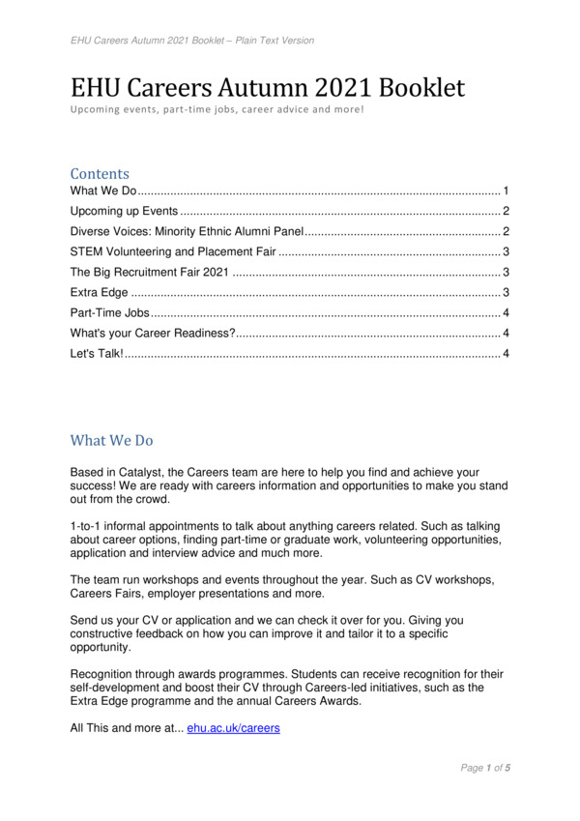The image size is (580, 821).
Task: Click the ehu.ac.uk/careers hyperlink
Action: coord(233,727)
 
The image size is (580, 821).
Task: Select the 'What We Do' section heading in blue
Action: coord(111,440)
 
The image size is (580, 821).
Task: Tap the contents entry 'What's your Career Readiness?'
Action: coord(153,333)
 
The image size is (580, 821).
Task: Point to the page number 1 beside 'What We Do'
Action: coord(506,191)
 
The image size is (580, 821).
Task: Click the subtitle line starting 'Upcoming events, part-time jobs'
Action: coord(217,109)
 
